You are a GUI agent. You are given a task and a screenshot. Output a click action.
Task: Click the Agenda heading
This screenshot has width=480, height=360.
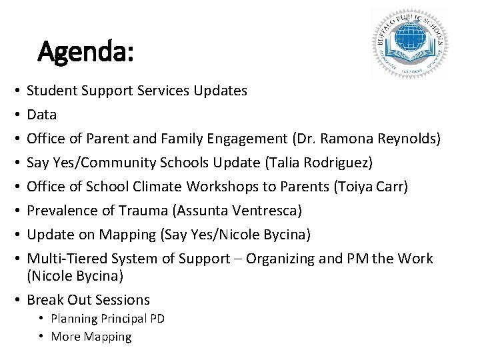pyautogui.click(x=86, y=51)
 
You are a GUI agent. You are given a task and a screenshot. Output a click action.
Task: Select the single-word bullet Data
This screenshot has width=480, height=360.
pyautogui.click(x=41, y=115)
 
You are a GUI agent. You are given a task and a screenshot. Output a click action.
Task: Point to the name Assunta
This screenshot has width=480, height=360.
pyautogui.click(x=201, y=211)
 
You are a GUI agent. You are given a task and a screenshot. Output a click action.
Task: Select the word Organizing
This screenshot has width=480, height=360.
pyautogui.click(x=279, y=259)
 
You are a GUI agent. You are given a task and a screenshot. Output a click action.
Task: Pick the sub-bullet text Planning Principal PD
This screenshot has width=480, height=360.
pyautogui.click(x=107, y=319)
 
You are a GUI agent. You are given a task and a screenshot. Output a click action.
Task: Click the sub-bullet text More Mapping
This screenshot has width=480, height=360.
pyautogui.click(x=91, y=337)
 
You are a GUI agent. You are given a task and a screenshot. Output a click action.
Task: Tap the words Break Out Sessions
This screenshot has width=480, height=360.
pyautogui.click(x=88, y=300)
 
